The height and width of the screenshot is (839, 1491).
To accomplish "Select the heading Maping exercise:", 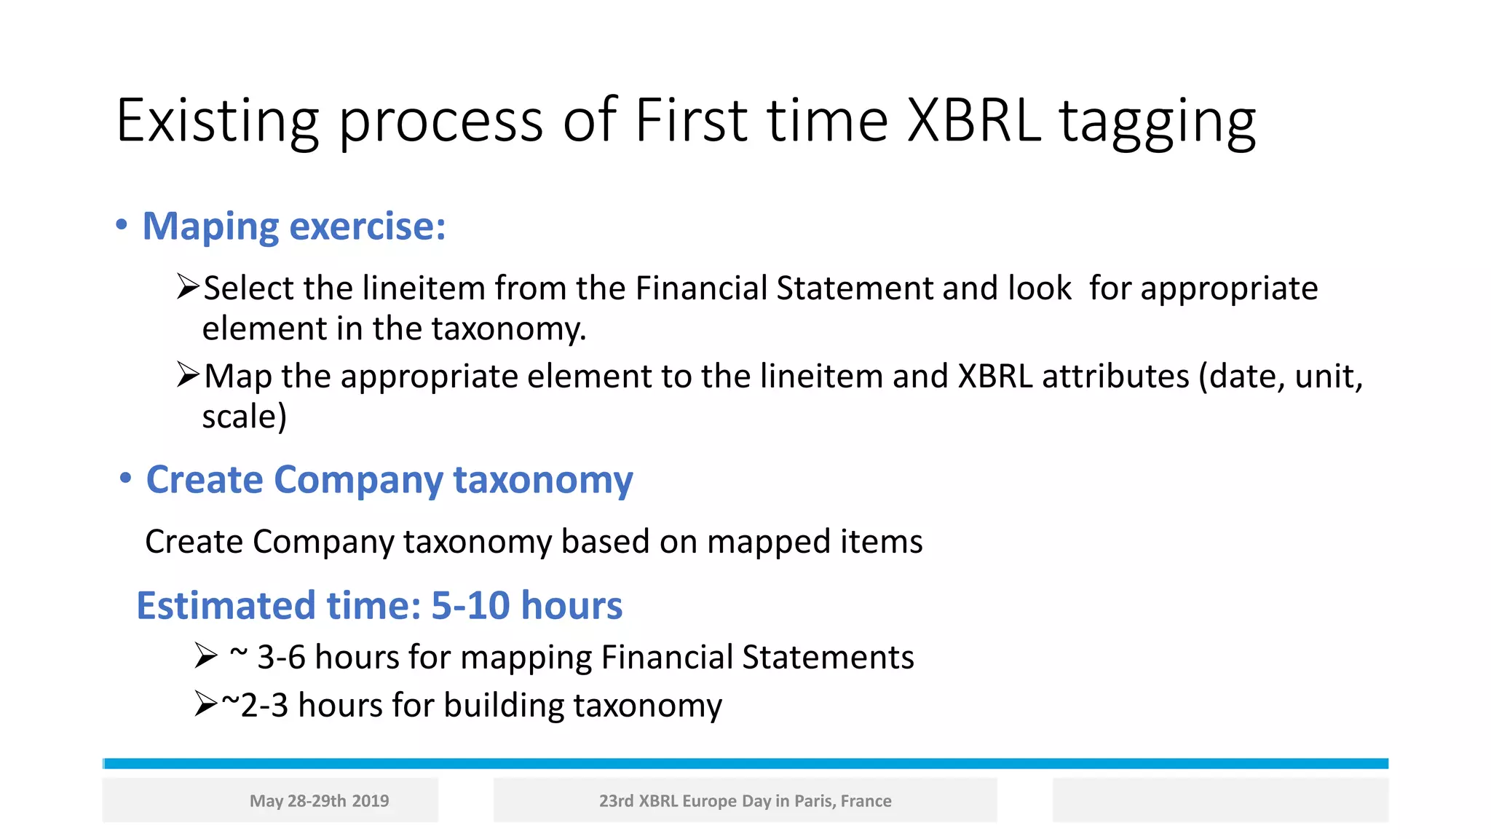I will [x=293, y=227].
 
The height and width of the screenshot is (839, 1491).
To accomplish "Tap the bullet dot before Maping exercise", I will [x=122, y=225].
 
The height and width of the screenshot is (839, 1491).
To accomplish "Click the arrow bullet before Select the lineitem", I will [x=188, y=287].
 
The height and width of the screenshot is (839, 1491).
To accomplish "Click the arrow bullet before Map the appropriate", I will [x=188, y=375].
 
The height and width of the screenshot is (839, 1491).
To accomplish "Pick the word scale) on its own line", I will [x=244, y=417].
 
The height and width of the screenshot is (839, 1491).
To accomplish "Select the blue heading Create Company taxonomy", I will [x=389, y=480].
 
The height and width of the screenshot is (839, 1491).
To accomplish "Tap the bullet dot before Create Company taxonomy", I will [x=125, y=478].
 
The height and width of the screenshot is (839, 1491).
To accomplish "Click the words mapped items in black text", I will [x=814, y=542].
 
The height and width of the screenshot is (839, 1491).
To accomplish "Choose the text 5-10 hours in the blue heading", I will [x=526, y=606].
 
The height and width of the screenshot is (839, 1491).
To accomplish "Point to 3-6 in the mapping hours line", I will [x=281, y=658].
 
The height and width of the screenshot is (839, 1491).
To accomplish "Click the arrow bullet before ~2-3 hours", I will [x=206, y=704].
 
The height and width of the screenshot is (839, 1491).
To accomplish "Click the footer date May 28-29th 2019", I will [x=319, y=801].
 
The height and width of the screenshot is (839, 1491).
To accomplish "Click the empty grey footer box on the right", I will [x=1220, y=800].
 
